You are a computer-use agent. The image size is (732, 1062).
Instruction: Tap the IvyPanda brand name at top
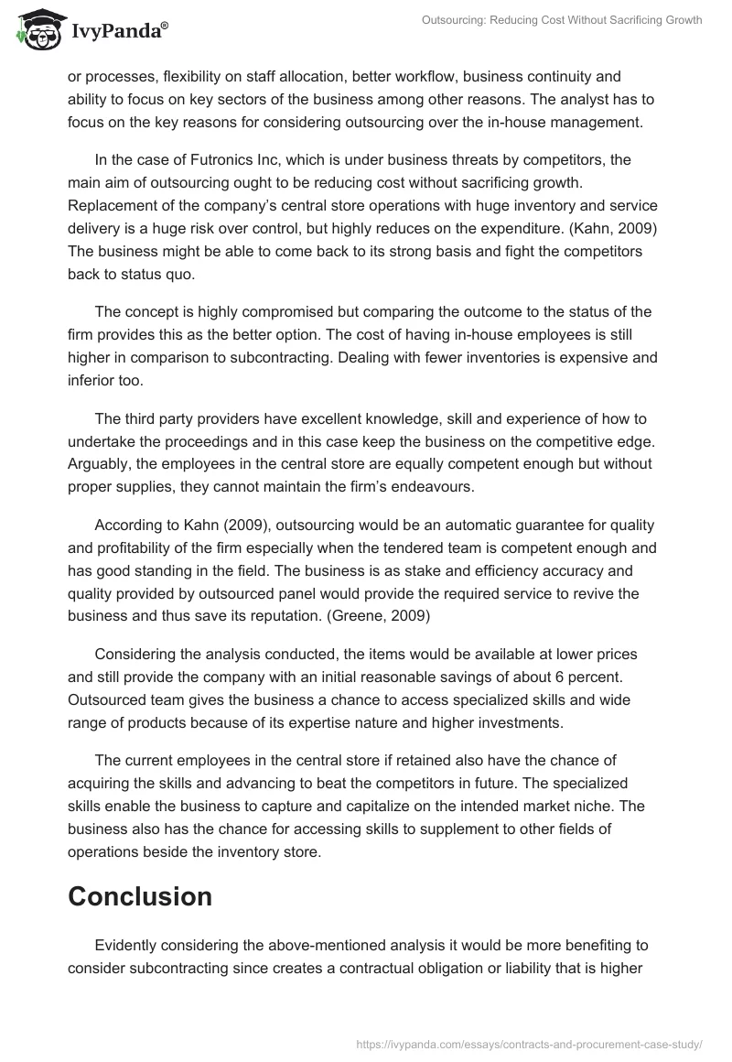(113, 31)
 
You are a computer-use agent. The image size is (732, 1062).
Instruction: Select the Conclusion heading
(140, 896)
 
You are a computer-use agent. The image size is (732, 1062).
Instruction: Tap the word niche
(592, 806)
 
